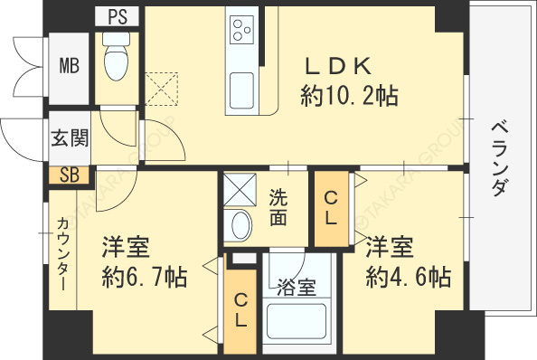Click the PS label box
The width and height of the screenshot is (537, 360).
(118, 16)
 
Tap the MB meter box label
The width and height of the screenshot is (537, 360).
(70, 65)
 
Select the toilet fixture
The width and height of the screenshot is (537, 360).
(116, 56)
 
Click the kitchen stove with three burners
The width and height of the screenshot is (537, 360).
(241, 30)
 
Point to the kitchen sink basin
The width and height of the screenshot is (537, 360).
(241, 90)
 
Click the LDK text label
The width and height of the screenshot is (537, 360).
(338, 66)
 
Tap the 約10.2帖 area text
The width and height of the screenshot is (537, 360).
(349, 96)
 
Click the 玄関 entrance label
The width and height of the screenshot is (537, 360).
(70, 137)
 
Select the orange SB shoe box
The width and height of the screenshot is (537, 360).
(69, 175)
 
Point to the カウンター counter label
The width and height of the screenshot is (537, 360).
(62, 253)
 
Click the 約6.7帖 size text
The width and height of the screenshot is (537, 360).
(145, 277)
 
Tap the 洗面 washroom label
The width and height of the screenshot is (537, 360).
(278, 207)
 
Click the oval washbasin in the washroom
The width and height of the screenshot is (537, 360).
(241, 224)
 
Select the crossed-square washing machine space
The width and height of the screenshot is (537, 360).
(240, 189)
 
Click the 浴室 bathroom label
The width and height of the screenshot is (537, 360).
(297, 287)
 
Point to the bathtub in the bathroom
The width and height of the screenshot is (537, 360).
(297, 321)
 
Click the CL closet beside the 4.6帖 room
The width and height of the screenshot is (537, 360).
(332, 208)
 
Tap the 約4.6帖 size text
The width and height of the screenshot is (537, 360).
(409, 277)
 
